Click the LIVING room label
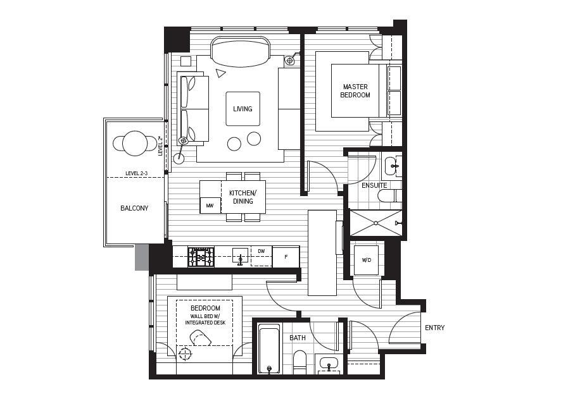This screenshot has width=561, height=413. tap(243, 109)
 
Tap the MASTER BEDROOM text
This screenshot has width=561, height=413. tap(355, 91)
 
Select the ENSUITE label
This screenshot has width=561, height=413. tap(374, 185)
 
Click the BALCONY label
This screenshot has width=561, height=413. tap(134, 208)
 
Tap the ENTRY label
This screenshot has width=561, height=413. tap(434, 328)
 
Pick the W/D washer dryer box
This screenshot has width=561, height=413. tap(366, 260)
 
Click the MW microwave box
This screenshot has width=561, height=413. tap(210, 206)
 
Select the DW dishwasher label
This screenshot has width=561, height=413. tap(261, 251)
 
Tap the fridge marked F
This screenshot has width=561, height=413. tap(286, 257)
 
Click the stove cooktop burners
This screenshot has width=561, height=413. tap(201, 257)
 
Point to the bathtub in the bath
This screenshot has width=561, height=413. tap(269, 348)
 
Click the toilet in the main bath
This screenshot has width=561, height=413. tap(299, 363)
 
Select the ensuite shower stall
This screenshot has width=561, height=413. tap(375, 223)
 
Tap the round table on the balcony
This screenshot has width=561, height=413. tap(135, 144)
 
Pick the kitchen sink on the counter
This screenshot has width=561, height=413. tap(240, 256)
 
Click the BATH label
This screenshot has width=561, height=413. tap(298, 338)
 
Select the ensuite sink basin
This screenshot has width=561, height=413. tap(391, 166)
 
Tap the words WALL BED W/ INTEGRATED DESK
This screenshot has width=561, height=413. tap(205, 319)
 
